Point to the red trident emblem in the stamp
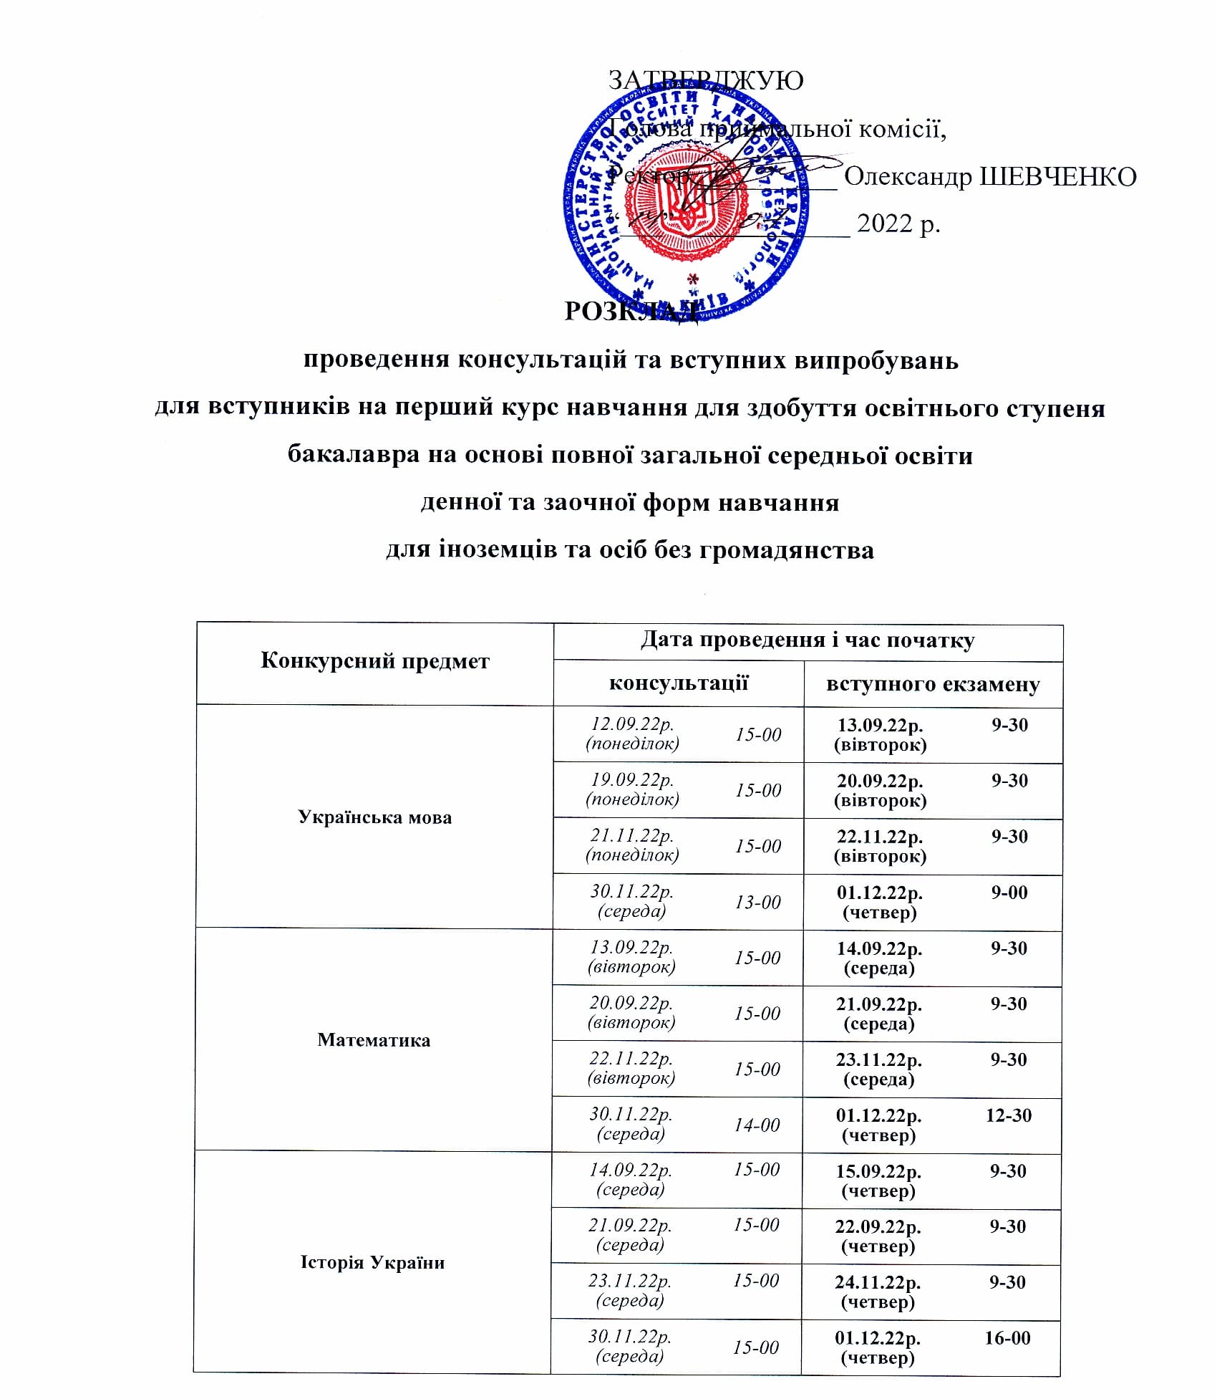[685, 212]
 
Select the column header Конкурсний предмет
[374, 660]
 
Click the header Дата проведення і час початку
[807, 640]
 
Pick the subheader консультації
[678, 683]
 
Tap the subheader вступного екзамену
[932, 684]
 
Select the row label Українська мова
[374, 817]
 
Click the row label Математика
[374, 1039]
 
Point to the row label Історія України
[372, 1262]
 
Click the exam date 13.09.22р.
[880, 726]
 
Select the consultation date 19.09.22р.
[631, 780]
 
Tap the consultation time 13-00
[757, 902]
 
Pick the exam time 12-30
[1008, 1115]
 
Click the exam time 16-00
[1007, 1338]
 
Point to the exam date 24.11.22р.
[877, 1283]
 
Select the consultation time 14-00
[757, 1125]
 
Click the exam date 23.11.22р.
[878, 1059]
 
